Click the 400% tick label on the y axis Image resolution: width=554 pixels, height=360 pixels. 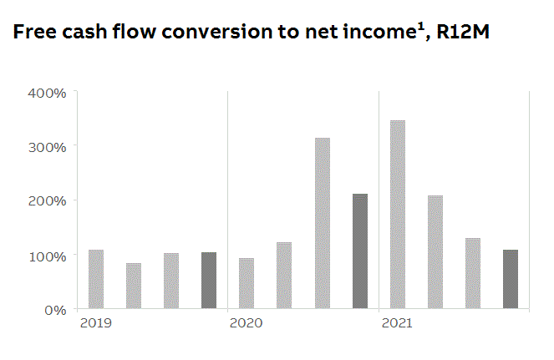[x=48, y=92]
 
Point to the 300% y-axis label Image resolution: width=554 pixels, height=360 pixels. [x=48, y=146]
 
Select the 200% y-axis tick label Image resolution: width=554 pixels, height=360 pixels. [x=48, y=200]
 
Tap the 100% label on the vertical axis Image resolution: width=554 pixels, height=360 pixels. [x=48, y=255]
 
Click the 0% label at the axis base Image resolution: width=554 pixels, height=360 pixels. [x=55, y=309]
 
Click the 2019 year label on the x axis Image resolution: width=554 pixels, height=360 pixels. [x=94, y=322]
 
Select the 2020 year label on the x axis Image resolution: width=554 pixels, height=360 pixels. [x=246, y=322]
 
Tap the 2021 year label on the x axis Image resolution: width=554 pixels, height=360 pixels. [x=397, y=322]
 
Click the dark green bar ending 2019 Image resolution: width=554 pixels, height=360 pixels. [x=209, y=281]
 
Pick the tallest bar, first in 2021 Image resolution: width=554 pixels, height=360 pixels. [x=398, y=215]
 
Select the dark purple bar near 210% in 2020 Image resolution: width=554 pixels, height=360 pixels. [x=359, y=251]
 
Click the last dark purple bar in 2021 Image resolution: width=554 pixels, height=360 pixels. [x=511, y=279]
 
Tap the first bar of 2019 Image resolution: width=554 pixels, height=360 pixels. [x=96, y=279]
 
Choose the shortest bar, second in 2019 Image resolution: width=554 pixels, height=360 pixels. [x=134, y=286]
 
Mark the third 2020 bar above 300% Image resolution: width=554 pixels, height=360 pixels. [x=322, y=223]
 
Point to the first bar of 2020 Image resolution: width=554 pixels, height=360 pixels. [x=247, y=283]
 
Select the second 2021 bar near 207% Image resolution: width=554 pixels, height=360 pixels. [x=435, y=252]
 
